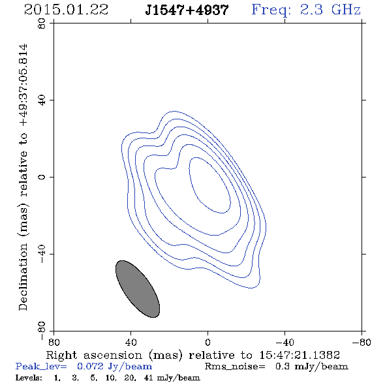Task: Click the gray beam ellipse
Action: pyautogui.click(x=138, y=289)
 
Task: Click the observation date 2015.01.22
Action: pyautogui.click(x=66, y=10)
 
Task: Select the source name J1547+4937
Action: pyautogui.click(x=187, y=10)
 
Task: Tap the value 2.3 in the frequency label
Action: pyautogui.click(x=311, y=10)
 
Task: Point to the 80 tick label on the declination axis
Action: pyautogui.click(x=42, y=23)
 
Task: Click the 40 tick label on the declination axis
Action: pyautogui.click(x=42, y=100)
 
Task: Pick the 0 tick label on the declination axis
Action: pyautogui.click(x=42, y=177)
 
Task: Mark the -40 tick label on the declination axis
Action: pyautogui.click(x=42, y=254)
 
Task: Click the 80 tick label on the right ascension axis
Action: pyautogui.click(x=54, y=342)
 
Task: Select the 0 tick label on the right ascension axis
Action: pyautogui.click(x=208, y=342)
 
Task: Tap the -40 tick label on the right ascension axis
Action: pyautogui.click(x=285, y=342)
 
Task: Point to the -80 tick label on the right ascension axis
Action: pyautogui.click(x=362, y=342)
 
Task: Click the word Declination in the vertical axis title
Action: pyautogui.click(x=23, y=277)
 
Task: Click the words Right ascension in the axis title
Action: pyautogui.click(x=94, y=355)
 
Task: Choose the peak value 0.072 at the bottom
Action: pyautogui.click(x=90, y=366)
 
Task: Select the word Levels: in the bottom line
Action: pyautogui.click(x=29, y=377)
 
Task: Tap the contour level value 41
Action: pyautogui.click(x=148, y=377)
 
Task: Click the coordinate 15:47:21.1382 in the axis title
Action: pyautogui.click(x=300, y=355)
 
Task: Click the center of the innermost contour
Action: pyautogui.click(x=209, y=185)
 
